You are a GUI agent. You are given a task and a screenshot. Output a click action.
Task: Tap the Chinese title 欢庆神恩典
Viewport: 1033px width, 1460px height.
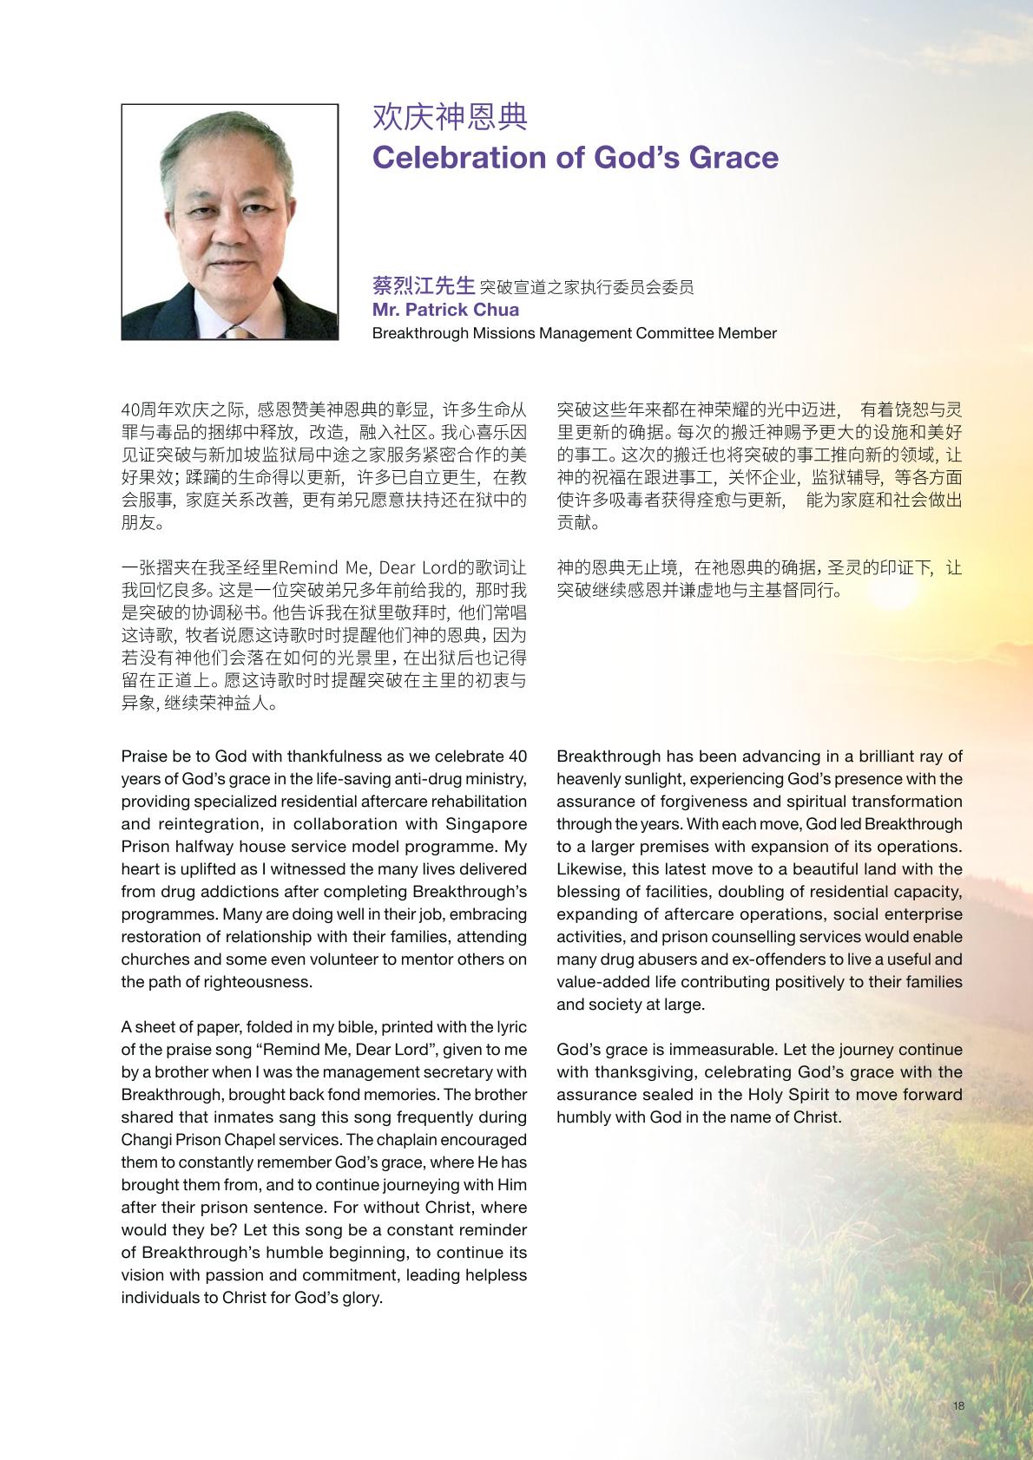point(450,117)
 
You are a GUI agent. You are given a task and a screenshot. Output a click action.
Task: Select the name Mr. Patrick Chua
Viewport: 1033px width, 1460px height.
point(445,310)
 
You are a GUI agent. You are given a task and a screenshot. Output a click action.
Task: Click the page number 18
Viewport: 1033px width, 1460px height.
point(958,1406)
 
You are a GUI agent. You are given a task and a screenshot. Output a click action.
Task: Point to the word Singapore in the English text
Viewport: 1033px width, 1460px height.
point(485,823)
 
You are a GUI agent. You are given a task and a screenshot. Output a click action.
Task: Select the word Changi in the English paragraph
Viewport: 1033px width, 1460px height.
point(144,1140)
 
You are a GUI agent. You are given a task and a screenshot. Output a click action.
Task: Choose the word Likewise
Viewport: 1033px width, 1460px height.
point(586,869)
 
